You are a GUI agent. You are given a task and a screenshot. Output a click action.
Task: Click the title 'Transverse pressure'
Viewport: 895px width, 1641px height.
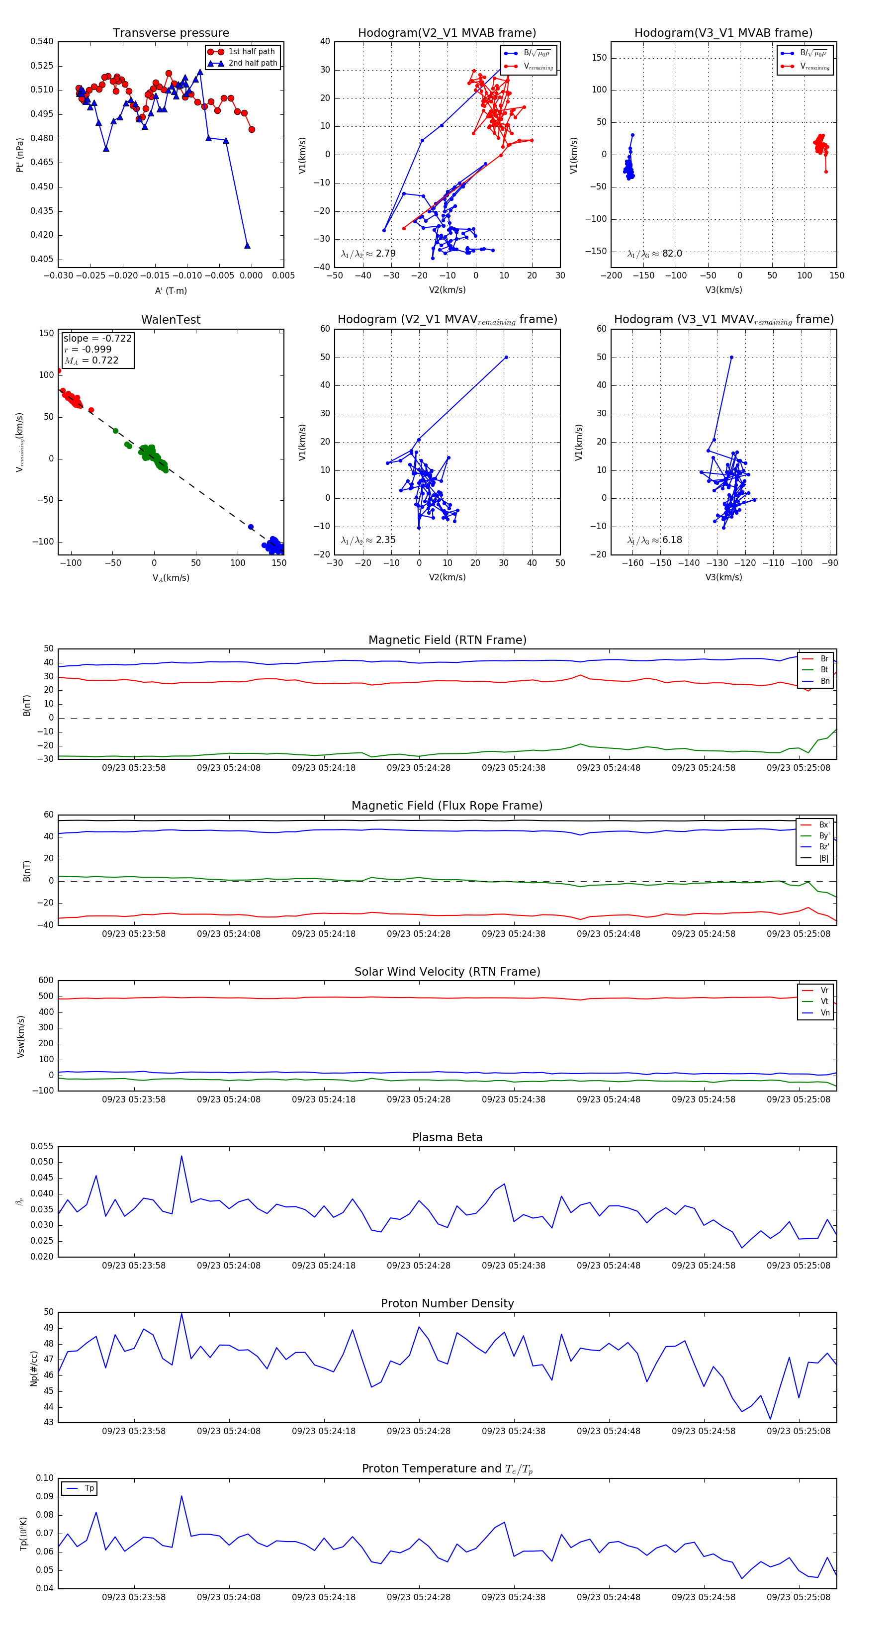click(171, 33)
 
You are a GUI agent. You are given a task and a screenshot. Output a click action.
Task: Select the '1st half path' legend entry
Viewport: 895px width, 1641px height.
click(252, 52)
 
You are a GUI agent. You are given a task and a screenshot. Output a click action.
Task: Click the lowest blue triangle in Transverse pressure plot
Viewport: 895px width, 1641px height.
click(247, 245)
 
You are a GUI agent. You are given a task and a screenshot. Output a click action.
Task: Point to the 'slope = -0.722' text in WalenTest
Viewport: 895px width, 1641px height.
click(97, 338)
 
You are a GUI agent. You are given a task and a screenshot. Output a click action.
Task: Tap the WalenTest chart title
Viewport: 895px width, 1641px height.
click(171, 320)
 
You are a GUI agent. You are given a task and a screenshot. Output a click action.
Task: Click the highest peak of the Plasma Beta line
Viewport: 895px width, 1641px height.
click(181, 1156)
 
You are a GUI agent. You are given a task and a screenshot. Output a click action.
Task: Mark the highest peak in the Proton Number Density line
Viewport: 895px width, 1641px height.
click(181, 1314)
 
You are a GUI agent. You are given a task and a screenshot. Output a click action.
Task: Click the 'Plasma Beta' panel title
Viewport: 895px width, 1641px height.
click(447, 1137)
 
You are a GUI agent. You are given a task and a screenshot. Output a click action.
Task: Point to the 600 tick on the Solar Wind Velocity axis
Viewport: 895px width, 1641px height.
click(45, 981)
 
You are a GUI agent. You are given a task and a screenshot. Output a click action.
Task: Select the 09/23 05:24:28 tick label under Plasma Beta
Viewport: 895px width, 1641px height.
click(419, 1265)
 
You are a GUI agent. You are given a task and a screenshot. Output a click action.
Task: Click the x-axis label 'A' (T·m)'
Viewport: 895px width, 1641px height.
click(171, 291)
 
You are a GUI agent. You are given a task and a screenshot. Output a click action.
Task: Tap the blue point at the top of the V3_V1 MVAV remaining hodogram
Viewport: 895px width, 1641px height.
click(731, 358)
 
